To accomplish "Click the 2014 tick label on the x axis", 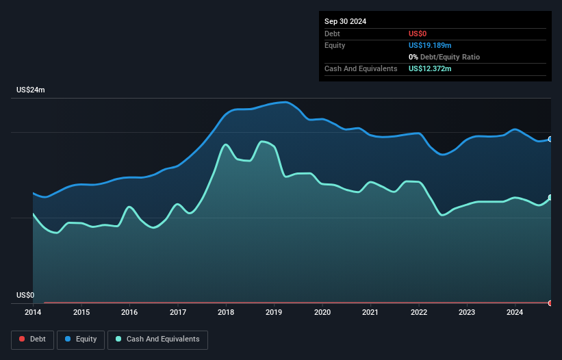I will click(x=33, y=313).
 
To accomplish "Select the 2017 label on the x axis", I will click(x=177, y=313).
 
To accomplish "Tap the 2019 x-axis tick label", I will click(x=274, y=313).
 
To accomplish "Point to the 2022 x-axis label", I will click(x=419, y=313).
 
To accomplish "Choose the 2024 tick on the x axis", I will click(x=515, y=313).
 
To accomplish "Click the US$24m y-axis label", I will click(x=31, y=90).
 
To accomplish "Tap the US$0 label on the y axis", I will click(x=25, y=296).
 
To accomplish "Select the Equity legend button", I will click(x=80, y=339).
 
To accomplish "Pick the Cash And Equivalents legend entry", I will click(x=157, y=339).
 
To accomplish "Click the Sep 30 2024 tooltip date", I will click(x=345, y=21).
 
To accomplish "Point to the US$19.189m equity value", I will click(x=430, y=45).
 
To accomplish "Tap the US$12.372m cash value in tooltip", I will click(x=430, y=68).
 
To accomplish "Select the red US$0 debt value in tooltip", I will click(x=418, y=34).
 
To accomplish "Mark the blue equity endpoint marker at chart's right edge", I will click(x=550, y=139).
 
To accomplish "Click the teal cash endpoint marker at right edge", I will click(x=550, y=198).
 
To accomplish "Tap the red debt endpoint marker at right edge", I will click(x=550, y=303).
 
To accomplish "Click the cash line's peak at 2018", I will click(x=225, y=144).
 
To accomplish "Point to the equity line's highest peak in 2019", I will click(x=285, y=101).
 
